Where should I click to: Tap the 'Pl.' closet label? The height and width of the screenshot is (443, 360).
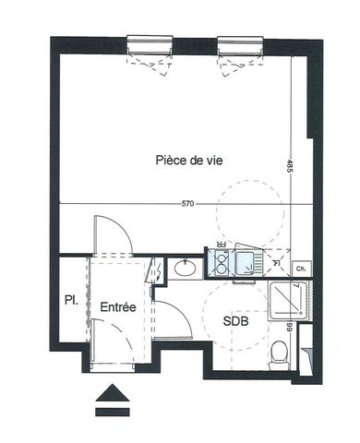(69, 301)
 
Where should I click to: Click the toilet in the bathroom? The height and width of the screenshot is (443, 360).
(280, 353)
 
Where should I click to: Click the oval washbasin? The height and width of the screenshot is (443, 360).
(183, 269)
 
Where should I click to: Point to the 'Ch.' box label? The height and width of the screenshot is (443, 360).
(301, 269)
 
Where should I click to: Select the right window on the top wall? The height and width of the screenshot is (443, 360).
(237, 42)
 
